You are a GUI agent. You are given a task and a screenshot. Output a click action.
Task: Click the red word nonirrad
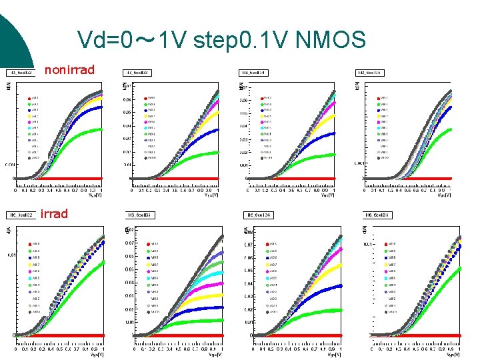click(x=69, y=69)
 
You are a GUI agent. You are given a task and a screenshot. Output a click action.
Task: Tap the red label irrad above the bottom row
click(x=54, y=214)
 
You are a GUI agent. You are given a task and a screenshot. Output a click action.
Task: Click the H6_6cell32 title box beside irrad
click(x=21, y=215)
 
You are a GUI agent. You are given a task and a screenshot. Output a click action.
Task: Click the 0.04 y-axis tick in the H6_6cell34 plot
click(x=247, y=283)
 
